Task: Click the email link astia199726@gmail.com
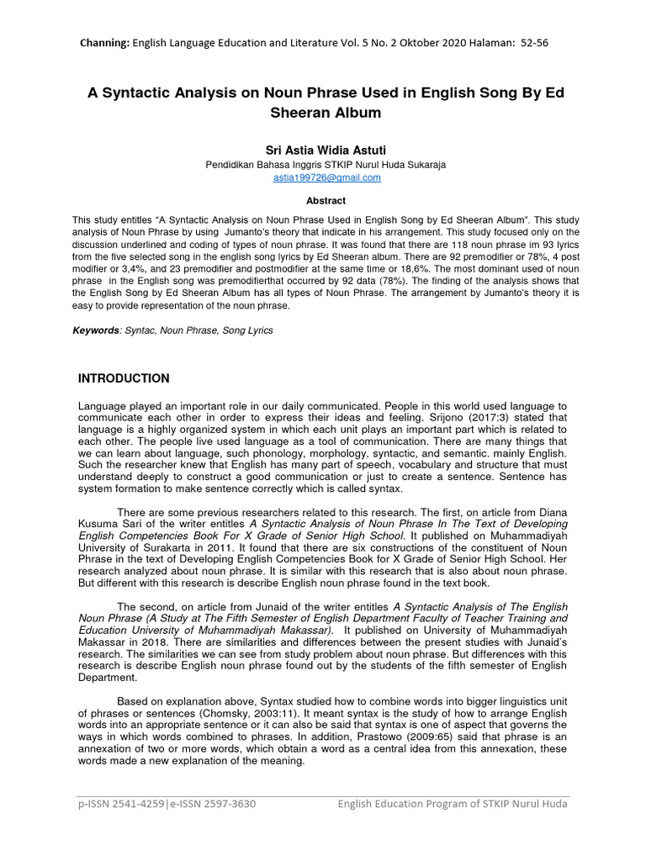pyautogui.click(x=327, y=178)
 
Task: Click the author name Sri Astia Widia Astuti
pyautogui.click(x=327, y=150)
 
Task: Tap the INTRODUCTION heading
pyautogui.click(x=124, y=378)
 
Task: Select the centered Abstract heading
pyautogui.click(x=327, y=201)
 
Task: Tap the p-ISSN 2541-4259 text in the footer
pyautogui.click(x=116, y=805)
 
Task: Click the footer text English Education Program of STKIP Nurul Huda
pyautogui.click(x=453, y=805)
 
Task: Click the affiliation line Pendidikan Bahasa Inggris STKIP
pyautogui.click(x=327, y=165)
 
